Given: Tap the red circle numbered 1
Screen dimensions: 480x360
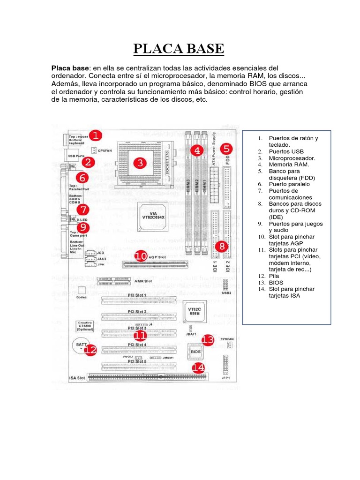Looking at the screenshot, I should point(95,136).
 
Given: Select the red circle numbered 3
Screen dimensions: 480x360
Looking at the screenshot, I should point(139,163).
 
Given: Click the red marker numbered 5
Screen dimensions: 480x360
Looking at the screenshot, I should point(226,149).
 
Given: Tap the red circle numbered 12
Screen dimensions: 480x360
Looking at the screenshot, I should point(91,349).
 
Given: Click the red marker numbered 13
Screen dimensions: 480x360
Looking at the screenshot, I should point(207,339).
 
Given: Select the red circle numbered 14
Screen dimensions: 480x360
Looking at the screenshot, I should point(200,368).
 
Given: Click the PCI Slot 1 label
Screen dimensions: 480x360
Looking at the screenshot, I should point(137,295).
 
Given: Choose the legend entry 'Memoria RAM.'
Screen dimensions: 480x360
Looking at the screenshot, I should point(285,165).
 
